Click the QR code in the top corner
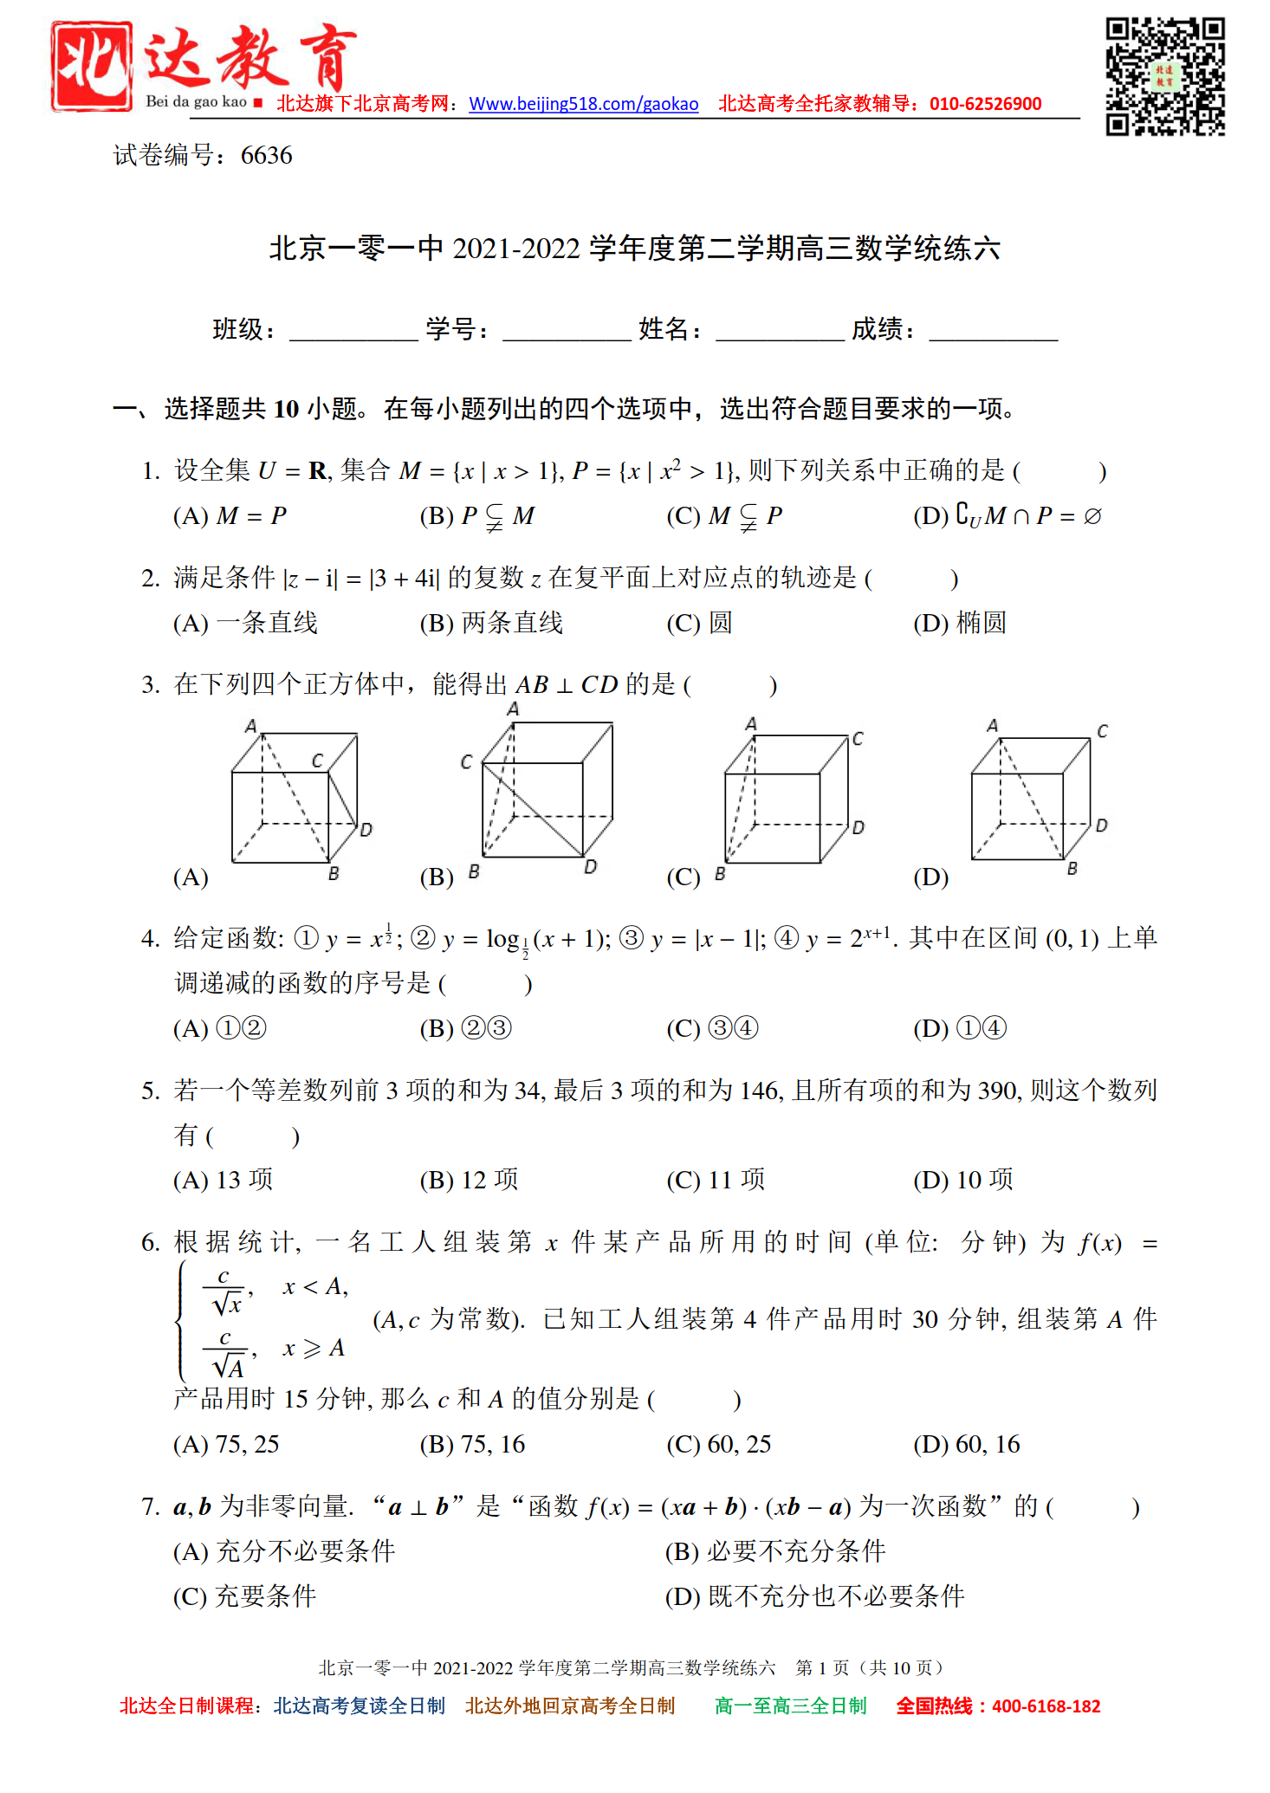(1164, 76)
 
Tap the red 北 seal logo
(92, 66)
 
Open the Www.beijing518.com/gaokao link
(583, 105)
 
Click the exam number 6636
(266, 156)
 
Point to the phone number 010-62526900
(985, 105)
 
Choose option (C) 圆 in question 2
(699, 623)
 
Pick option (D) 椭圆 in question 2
(960, 623)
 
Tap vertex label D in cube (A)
(366, 830)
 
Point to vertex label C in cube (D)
(1102, 731)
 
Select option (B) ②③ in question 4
(466, 1028)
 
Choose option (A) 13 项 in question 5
(224, 1180)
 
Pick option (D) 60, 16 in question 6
(967, 1444)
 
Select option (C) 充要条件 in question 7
(245, 1596)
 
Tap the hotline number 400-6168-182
(1046, 1706)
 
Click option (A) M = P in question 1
(230, 516)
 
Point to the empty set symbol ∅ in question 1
(1092, 516)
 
